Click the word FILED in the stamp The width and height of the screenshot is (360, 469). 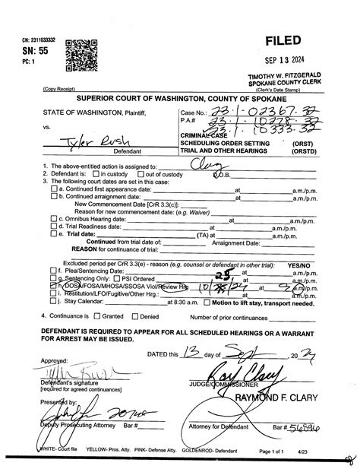click(x=283, y=40)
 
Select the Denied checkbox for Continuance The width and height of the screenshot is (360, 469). click(x=134, y=315)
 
